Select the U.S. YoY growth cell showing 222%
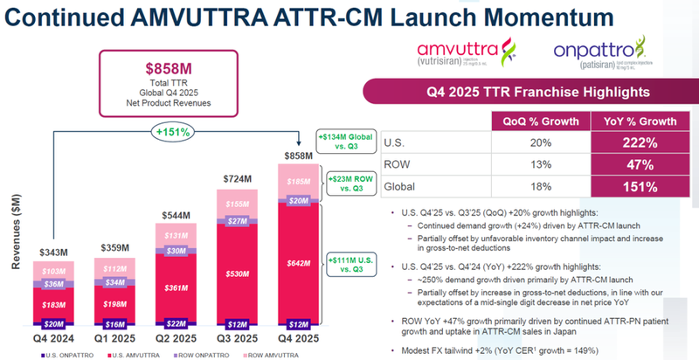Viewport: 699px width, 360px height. pyautogui.click(x=639, y=142)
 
